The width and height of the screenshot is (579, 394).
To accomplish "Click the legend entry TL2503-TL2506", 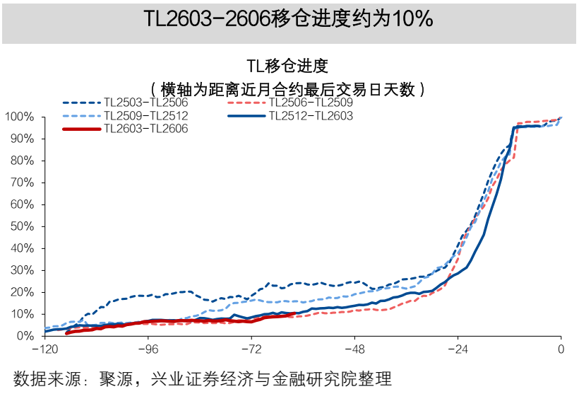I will point(145,103).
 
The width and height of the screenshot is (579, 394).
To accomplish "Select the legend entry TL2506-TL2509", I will point(311,103).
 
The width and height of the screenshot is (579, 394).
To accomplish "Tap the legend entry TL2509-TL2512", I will point(145,116).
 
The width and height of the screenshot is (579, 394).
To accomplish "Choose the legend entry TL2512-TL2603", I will point(311,116).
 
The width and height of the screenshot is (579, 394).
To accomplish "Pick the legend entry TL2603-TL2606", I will point(145,129).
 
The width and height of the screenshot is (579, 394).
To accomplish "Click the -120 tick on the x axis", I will point(44,349).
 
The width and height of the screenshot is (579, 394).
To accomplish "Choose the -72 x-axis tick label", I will point(251,349).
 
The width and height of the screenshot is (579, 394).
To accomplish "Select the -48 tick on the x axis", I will point(354,349).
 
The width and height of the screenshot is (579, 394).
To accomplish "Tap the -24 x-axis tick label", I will point(458,349).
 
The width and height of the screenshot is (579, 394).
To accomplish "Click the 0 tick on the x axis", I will point(561,349).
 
